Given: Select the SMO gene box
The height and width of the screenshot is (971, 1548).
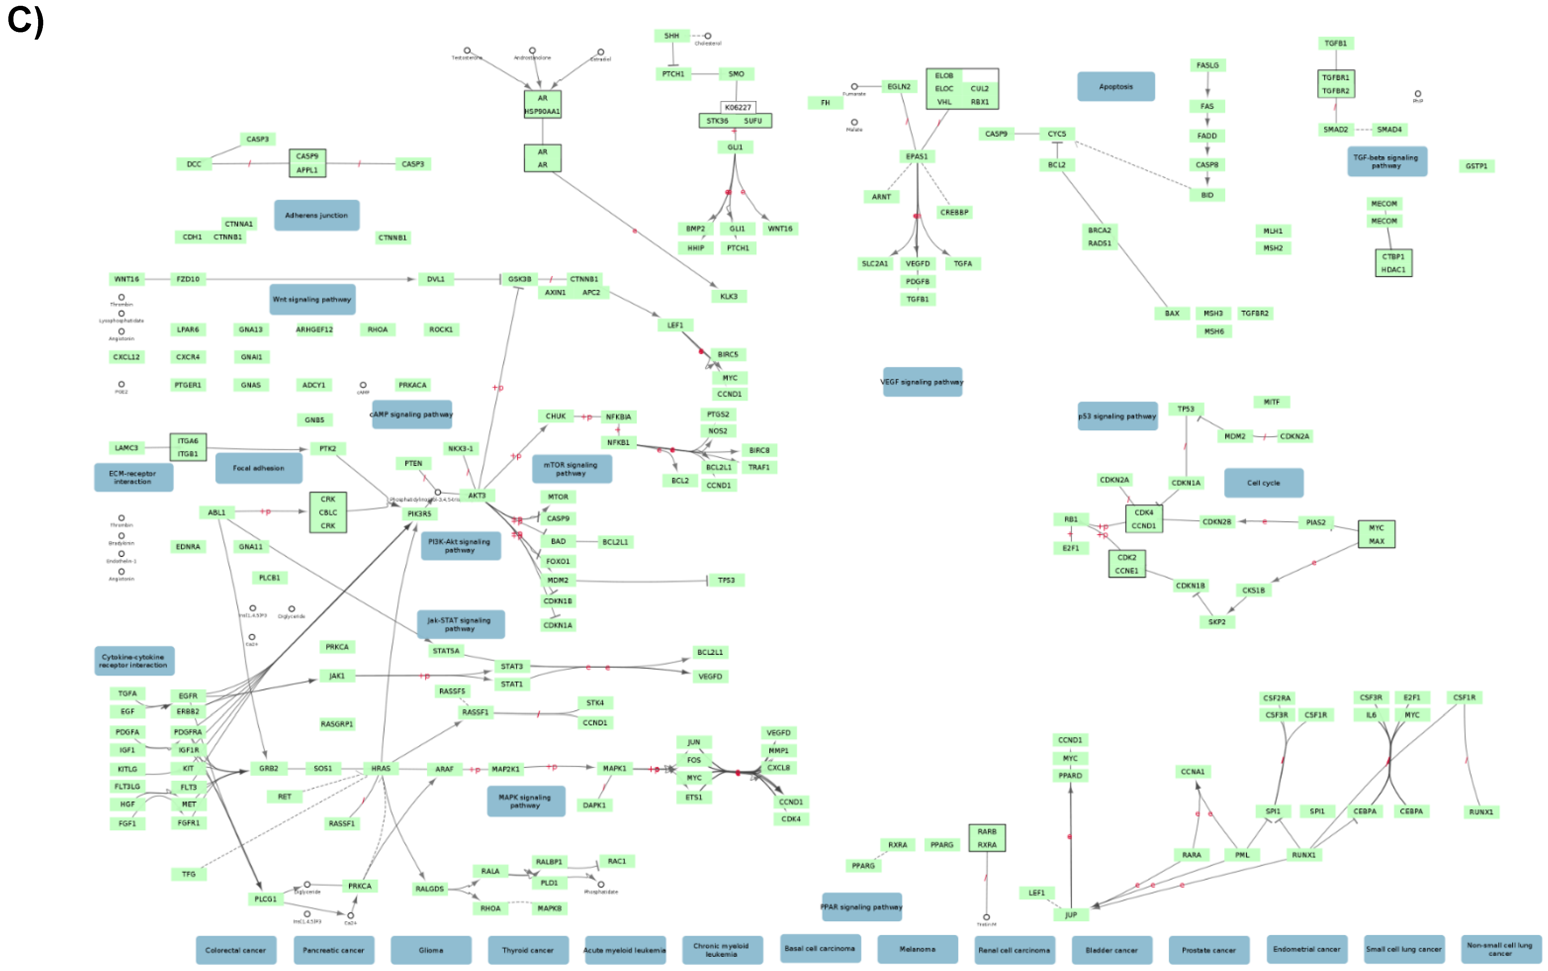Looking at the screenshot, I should (x=736, y=74).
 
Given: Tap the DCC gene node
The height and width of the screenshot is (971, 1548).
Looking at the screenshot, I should (x=194, y=165).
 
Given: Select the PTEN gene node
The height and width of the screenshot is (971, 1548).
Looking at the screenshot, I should (x=413, y=464).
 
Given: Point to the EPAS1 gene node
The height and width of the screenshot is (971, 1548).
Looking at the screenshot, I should (x=916, y=157).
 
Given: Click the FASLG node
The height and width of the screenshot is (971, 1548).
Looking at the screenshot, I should (x=1207, y=65).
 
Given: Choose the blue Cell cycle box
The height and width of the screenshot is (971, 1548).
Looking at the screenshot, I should (x=1263, y=483).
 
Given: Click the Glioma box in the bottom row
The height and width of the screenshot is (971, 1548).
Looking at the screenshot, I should (x=431, y=950).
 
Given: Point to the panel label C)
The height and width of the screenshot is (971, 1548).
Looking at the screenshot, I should (x=26, y=21).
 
